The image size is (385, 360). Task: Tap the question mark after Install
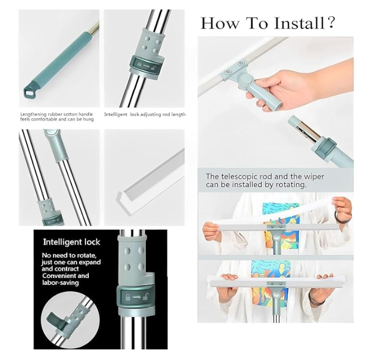point(331,23)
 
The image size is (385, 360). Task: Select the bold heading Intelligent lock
point(72,242)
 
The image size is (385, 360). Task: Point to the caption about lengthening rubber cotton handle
point(56,117)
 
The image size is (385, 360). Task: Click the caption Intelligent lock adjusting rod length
point(145,114)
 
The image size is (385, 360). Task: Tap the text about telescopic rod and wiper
point(264,180)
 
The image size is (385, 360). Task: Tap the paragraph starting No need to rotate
point(66,269)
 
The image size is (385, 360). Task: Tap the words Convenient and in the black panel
point(65,276)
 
